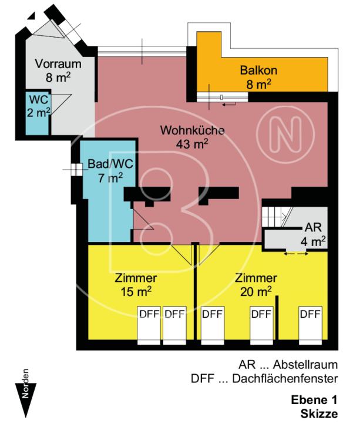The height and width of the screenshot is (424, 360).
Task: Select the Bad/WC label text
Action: (105, 164)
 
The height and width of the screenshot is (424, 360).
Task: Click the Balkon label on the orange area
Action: (258, 71)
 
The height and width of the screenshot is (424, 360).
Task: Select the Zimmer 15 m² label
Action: (136, 284)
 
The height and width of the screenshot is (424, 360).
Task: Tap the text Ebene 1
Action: (314, 401)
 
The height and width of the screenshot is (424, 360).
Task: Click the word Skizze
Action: (320, 413)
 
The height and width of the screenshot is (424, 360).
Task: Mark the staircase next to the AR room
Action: (274, 217)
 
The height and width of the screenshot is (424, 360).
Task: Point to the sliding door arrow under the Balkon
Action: (228, 104)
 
